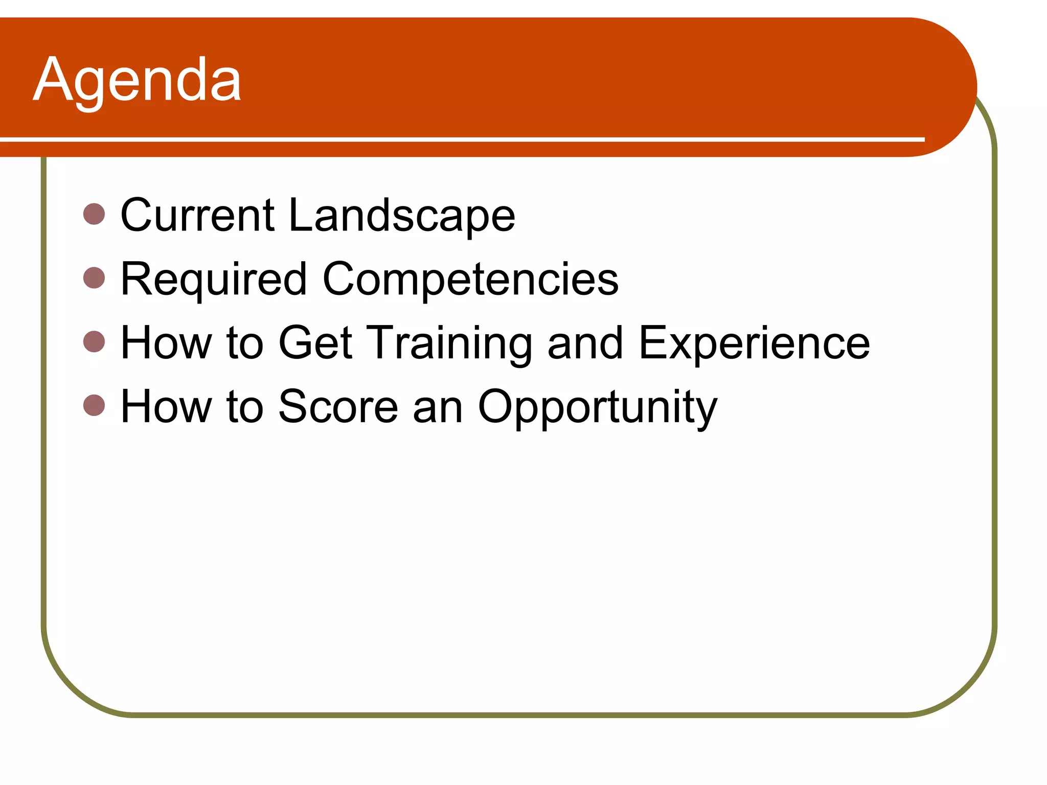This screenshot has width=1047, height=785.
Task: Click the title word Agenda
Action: click(x=137, y=81)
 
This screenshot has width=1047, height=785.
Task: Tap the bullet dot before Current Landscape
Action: click(x=94, y=214)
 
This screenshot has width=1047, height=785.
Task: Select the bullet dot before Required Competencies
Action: click(x=94, y=278)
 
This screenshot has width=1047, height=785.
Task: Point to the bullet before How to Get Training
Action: click(x=94, y=341)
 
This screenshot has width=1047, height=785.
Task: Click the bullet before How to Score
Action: click(x=94, y=405)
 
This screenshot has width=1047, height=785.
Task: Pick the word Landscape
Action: click(x=402, y=216)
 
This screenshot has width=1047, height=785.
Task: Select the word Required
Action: click(x=214, y=280)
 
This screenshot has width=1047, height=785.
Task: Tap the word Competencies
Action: click(x=470, y=280)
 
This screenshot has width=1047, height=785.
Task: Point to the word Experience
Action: click(x=754, y=343)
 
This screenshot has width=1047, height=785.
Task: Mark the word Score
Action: click(x=338, y=407)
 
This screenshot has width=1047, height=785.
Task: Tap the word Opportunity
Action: click(x=597, y=407)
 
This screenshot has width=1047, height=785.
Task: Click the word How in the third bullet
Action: click(x=166, y=343)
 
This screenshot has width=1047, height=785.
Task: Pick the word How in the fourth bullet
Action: click(x=166, y=407)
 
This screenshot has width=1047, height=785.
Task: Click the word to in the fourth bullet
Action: click(x=245, y=407)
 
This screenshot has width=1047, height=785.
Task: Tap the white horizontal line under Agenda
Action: click(x=460, y=139)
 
